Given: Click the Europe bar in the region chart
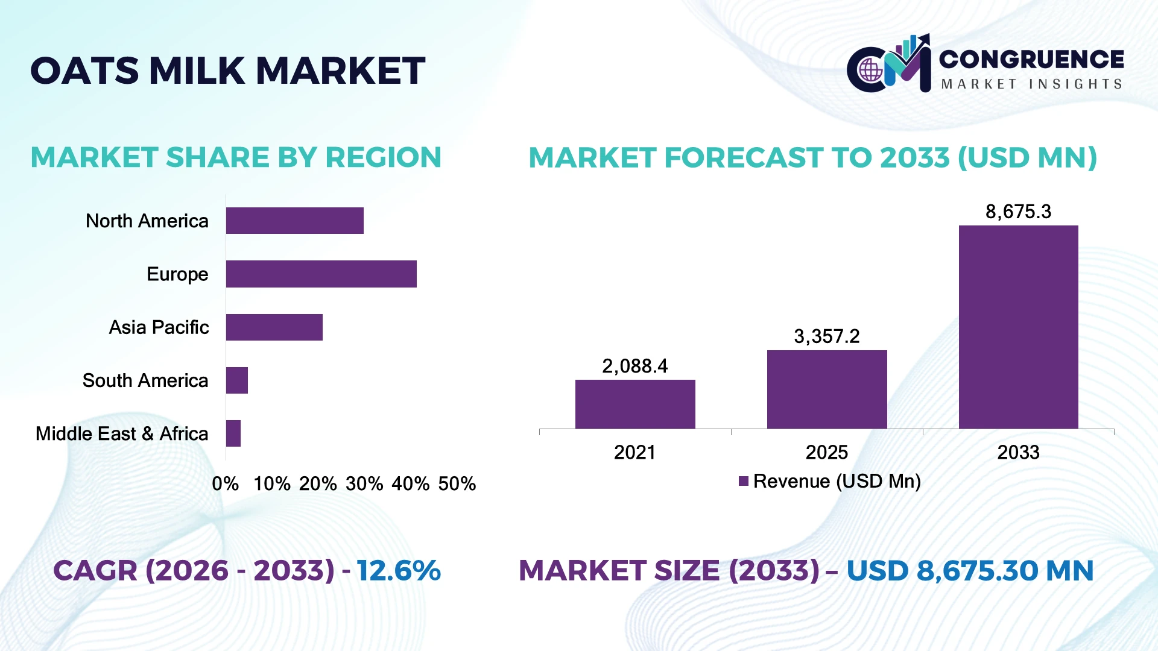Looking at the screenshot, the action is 321,274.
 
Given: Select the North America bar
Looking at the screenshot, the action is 295,221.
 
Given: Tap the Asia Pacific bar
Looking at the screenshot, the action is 274,327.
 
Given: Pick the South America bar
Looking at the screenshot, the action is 237,380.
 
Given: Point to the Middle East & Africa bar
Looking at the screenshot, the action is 233,433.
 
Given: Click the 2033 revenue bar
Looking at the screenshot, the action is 1019,327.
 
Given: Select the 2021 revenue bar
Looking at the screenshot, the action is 635,404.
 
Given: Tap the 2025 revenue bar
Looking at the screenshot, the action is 827,389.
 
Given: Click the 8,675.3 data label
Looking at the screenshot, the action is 1018,212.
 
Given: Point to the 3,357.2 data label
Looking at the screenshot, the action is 827,336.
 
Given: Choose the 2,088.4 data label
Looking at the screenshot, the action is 635,366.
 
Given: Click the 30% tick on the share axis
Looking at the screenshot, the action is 364,483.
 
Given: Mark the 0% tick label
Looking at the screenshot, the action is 226,483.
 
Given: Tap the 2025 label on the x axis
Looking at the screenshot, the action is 827,452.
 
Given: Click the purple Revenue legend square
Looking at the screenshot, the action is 744,481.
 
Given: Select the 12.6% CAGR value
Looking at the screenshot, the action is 399,570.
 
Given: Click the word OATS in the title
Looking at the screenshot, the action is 85,71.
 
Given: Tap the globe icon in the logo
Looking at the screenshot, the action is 870,71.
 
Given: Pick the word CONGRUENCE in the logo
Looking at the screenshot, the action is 1031,59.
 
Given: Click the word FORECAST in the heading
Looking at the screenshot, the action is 743,157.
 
